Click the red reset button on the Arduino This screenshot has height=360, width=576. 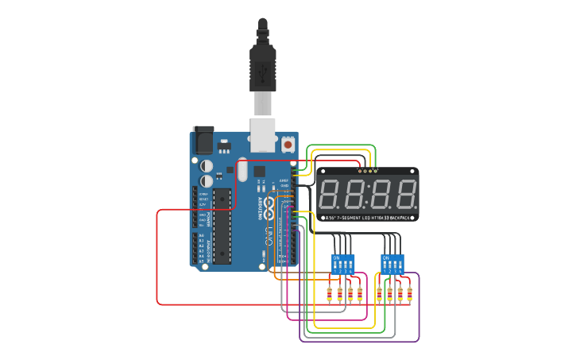(288, 145)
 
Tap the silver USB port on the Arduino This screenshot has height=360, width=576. (261, 134)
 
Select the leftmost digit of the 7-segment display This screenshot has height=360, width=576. (331, 195)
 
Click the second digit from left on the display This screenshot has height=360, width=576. (355, 195)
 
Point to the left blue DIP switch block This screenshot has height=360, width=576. (343, 263)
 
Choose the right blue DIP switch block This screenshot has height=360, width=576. (392, 263)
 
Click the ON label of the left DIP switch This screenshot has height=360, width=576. (336, 257)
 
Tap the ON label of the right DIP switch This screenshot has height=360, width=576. (385, 257)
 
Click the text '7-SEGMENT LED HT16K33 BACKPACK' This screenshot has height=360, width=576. (368, 217)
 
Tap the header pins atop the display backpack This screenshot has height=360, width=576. (368, 169)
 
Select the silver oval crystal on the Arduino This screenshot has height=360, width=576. (242, 169)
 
